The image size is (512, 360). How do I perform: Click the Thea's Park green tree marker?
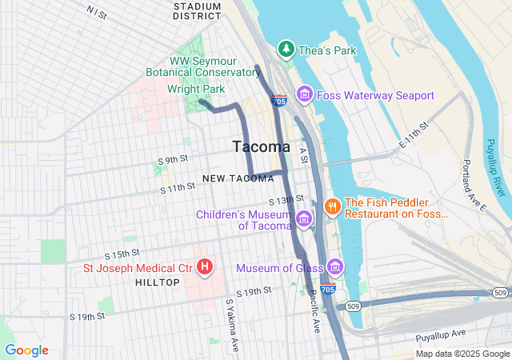(x=286, y=50)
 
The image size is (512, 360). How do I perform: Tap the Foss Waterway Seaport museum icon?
(x=304, y=95)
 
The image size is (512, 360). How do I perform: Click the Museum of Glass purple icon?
(x=334, y=266)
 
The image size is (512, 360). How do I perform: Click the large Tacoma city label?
(x=261, y=146)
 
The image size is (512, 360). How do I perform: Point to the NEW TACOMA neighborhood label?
(x=233, y=178)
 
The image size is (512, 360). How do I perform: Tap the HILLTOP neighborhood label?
(x=158, y=282)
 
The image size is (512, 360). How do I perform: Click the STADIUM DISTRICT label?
(x=198, y=10)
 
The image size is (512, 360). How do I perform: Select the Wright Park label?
(x=197, y=89)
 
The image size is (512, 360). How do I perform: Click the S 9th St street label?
(x=177, y=160)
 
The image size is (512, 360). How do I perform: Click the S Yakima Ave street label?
(x=232, y=326)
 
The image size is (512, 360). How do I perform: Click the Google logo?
(x=26, y=350)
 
